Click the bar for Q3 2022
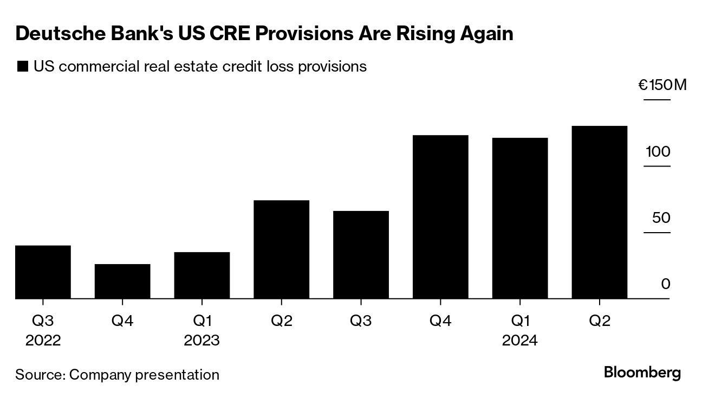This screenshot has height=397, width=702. tap(43, 272)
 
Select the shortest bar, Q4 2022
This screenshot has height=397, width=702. tap(122, 281)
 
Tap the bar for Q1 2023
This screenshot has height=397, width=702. tap(202, 275)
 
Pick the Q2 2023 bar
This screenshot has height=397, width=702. tap(282, 249)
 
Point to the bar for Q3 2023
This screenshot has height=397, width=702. tap(361, 254)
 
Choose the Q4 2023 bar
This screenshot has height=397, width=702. tap(440, 216)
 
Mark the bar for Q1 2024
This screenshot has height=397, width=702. tap(520, 218)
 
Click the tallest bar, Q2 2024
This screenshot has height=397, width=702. tap(600, 212)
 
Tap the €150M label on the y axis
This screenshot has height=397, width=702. tap(662, 85)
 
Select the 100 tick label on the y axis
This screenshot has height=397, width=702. tap(658, 151)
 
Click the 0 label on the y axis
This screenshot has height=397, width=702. tap(666, 284)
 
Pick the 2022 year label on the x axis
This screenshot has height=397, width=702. tap(43, 341)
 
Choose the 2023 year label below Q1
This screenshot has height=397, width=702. tap(202, 341)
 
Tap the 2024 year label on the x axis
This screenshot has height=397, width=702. tap(520, 341)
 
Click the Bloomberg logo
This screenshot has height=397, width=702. tap(642, 373)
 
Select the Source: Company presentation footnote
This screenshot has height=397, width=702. tap(117, 374)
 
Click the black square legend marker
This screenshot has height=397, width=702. tap(23, 67)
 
